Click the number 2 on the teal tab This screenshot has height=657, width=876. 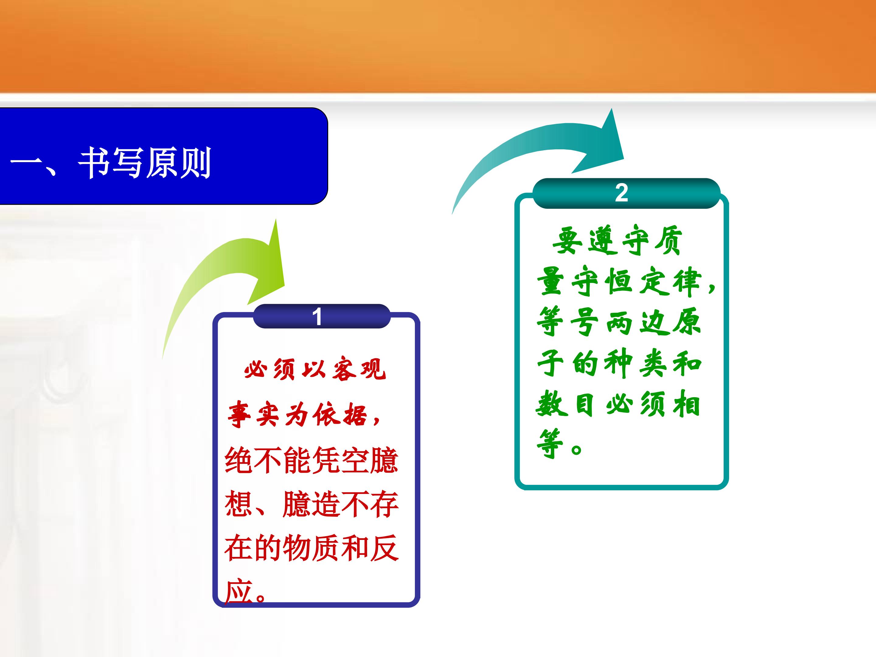click(x=621, y=193)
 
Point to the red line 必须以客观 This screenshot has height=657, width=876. click(x=315, y=369)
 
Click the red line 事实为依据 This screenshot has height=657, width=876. click(x=304, y=414)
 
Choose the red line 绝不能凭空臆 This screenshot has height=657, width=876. click(x=311, y=460)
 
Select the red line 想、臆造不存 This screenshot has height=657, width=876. click(x=311, y=504)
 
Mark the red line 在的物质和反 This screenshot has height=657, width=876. click(x=311, y=548)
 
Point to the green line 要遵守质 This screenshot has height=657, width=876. click(x=617, y=240)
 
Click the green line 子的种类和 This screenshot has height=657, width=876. click(x=619, y=363)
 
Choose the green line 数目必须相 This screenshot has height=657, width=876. click(x=618, y=404)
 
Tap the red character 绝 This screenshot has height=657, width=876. click(x=239, y=460)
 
